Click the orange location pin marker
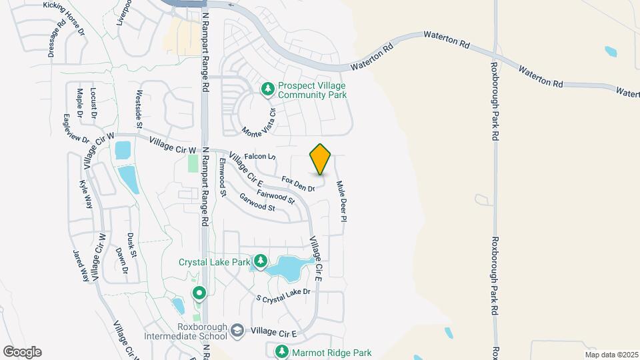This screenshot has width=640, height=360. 321,159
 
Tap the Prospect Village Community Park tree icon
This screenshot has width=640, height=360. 267,89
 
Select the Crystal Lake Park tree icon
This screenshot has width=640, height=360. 261,261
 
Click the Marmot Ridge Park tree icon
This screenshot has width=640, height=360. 282,351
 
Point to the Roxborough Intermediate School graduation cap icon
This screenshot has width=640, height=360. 237,331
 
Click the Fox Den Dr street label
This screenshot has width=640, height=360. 298,184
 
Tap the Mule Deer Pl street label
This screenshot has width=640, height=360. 341,201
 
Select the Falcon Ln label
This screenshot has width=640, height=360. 260,157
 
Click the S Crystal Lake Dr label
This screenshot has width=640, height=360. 284,293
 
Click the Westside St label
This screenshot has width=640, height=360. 139,109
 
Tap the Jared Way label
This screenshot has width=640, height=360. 81,265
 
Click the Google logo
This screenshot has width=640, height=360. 22,352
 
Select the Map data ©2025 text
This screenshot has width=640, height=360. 611,355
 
